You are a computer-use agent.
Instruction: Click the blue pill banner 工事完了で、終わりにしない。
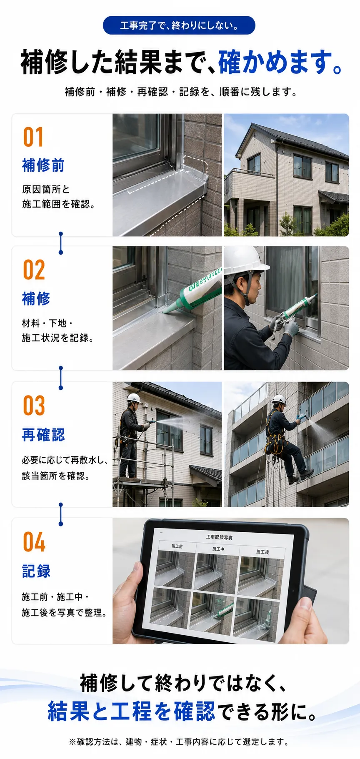click(179, 25)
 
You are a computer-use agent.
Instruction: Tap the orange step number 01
click(33, 138)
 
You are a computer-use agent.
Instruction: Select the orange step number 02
click(34, 270)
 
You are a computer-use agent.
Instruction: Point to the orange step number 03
click(34, 406)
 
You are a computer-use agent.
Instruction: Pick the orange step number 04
click(34, 542)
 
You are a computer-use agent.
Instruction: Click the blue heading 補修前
click(43, 165)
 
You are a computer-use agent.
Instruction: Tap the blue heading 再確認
click(43, 435)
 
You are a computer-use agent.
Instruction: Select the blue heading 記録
click(36, 571)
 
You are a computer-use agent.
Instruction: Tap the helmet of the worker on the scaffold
click(134, 398)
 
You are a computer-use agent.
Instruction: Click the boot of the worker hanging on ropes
click(307, 474)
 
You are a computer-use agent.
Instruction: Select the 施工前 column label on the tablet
click(177, 546)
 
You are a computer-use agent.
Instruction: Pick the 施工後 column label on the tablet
click(262, 552)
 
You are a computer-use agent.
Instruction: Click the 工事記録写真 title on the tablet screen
click(220, 537)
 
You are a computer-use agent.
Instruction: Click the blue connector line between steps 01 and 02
click(61, 243)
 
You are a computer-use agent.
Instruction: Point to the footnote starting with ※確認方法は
click(179, 742)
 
